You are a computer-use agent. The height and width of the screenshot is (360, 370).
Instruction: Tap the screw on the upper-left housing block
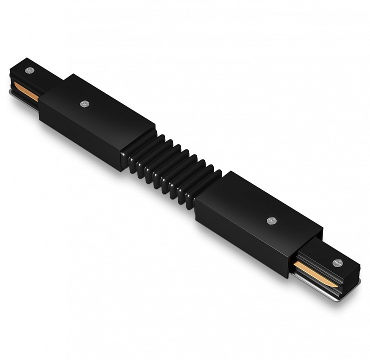(83, 104)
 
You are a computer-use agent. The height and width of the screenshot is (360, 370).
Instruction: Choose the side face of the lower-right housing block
(240, 240)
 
